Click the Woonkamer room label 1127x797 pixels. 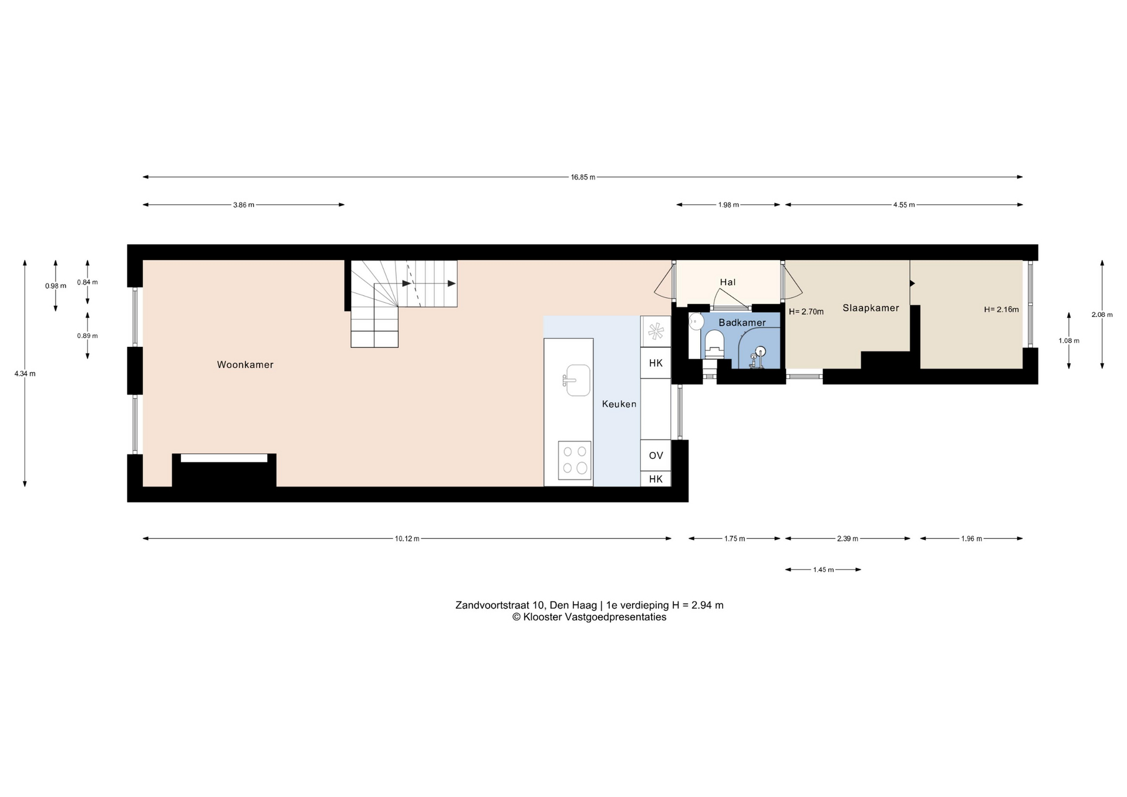coord(245,364)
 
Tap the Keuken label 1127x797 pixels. coord(619,404)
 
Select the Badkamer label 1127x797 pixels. coord(742,323)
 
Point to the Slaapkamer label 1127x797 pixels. coord(870,308)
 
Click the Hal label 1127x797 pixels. coord(728,282)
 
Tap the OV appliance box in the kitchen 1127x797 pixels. coord(656,455)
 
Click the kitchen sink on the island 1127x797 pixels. coord(578,380)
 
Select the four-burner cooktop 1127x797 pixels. coord(575,460)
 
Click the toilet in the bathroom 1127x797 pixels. coord(714,343)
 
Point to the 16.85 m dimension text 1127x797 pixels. coord(583,177)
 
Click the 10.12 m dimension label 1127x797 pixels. coord(407,539)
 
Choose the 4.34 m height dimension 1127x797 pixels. coord(25,373)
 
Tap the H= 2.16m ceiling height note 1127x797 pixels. coord(1001,309)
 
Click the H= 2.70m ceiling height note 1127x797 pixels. coord(806,312)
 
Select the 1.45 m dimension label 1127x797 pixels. coord(824,569)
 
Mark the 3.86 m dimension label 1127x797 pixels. coord(244,205)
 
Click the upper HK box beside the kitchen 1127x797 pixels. coord(656,363)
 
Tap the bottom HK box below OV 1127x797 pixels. coord(656,479)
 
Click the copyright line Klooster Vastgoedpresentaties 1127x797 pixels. coord(589,617)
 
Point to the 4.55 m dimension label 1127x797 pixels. coord(904,205)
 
